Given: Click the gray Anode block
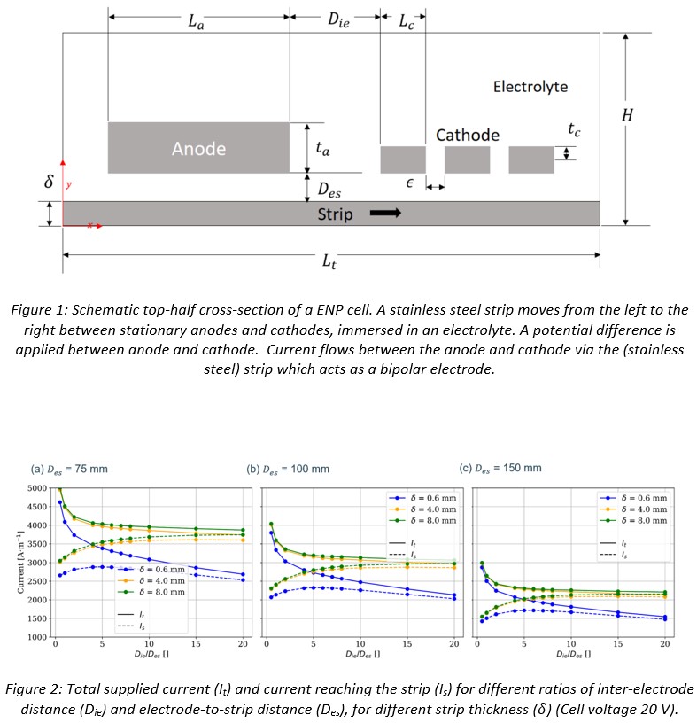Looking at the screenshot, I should (x=198, y=148).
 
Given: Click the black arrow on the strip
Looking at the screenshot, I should (x=385, y=213).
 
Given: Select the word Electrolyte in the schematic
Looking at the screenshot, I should (x=530, y=87).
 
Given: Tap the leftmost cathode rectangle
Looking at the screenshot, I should (x=403, y=159).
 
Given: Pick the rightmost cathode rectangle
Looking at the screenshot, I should (x=531, y=159).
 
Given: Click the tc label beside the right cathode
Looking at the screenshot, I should (x=575, y=129).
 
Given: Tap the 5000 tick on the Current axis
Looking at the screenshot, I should (x=36, y=488).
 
